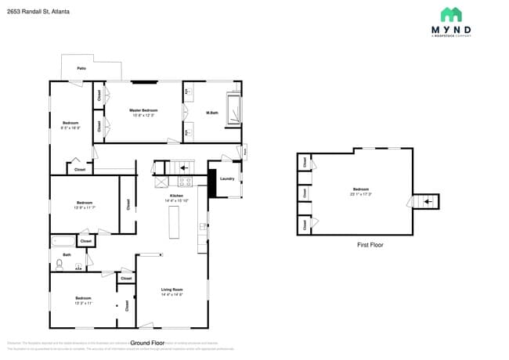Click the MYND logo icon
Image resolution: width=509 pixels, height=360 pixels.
450,15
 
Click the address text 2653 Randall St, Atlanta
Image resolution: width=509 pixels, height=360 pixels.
38,12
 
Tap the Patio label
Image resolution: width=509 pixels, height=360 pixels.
81,69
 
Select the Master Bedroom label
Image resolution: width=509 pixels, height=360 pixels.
144,110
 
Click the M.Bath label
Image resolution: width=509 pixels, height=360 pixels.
211,113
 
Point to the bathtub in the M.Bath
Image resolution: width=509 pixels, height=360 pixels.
233,110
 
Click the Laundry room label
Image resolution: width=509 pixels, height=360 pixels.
227,178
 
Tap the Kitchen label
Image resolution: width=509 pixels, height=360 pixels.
177,196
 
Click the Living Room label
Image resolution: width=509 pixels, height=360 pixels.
171,290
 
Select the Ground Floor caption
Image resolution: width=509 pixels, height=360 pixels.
146,343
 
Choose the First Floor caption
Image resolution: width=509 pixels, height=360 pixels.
370,245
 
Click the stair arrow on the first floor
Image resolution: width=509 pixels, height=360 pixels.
427,202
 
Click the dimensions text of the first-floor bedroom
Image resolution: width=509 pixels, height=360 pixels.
360,193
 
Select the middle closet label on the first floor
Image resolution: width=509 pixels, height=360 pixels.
303,193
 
